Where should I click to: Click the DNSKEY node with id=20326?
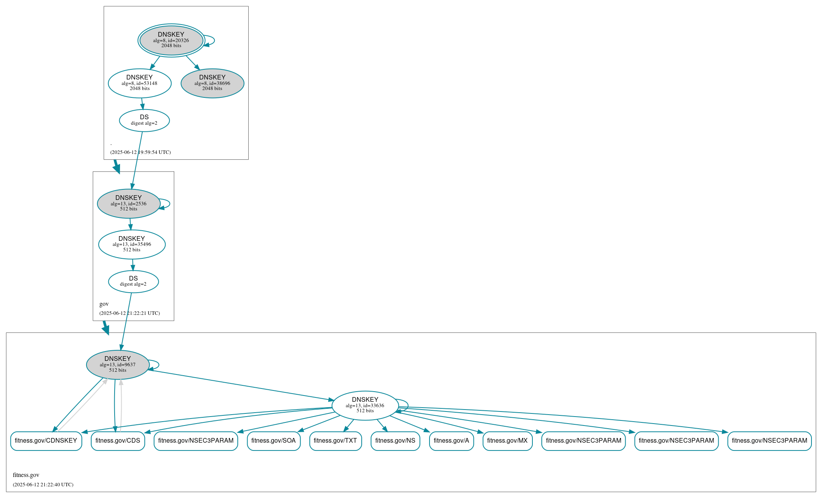point(171,40)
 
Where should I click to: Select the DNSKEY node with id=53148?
point(140,83)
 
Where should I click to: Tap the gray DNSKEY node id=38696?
point(212,83)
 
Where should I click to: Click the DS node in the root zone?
point(144,120)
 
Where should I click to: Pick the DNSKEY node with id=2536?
point(129,203)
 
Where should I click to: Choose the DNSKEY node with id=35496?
point(132,244)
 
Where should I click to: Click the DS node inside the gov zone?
point(133,281)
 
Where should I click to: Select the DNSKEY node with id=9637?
point(118,365)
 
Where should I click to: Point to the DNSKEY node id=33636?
point(365,406)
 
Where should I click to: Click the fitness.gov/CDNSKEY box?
point(46,441)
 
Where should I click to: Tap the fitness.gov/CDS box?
point(118,441)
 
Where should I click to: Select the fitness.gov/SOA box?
point(274,441)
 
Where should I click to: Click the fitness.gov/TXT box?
point(335,441)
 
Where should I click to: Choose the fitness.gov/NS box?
point(395,441)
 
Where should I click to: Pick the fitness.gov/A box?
point(451,441)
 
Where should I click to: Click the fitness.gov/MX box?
point(507,441)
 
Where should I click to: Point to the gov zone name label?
point(104,304)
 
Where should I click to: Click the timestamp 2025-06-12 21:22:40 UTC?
point(43,485)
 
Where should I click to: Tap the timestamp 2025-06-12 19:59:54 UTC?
point(140,152)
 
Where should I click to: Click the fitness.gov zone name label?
point(26,475)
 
